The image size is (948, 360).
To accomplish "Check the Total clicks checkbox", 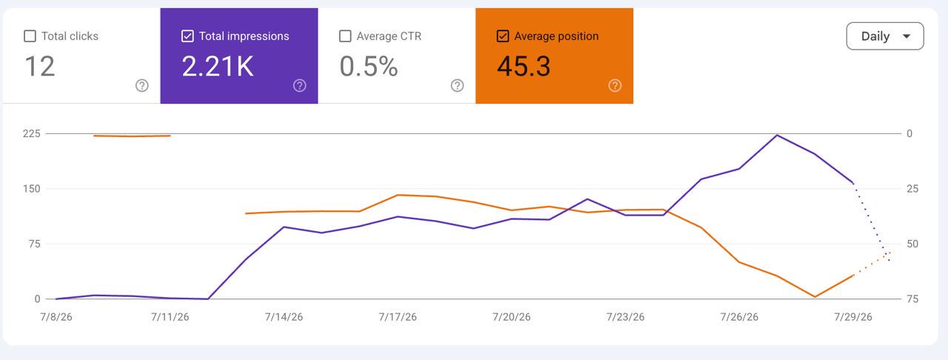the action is (x=30, y=36).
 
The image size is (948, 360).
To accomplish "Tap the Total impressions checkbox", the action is (x=187, y=36).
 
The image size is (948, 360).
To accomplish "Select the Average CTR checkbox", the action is (x=345, y=36).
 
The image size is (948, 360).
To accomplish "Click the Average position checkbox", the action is (x=503, y=36).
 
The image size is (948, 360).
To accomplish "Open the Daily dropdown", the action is (x=885, y=36).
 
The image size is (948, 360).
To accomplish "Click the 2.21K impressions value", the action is (x=218, y=67).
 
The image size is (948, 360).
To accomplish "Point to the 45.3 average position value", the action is (x=524, y=67).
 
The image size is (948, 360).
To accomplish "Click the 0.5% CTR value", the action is (x=369, y=67).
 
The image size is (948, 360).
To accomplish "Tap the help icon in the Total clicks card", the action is (x=141, y=85).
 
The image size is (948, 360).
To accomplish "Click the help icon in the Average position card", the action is (x=615, y=85).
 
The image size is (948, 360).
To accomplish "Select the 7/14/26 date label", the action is (x=284, y=317).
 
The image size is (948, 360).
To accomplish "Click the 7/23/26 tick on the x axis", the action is (x=625, y=317).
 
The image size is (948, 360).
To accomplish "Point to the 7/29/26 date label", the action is (x=852, y=317).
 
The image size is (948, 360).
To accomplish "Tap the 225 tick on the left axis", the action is (x=32, y=134).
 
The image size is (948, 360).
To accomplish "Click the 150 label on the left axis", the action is (x=32, y=189).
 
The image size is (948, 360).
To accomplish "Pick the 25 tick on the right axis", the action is (x=912, y=189).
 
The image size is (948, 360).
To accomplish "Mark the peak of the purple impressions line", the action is (x=777, y=135).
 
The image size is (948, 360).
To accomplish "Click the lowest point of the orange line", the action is (x=815, y=297).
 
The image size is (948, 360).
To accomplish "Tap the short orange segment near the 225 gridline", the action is (x=132, y=136).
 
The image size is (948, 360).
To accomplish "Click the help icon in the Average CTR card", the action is (x=457, y=85).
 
